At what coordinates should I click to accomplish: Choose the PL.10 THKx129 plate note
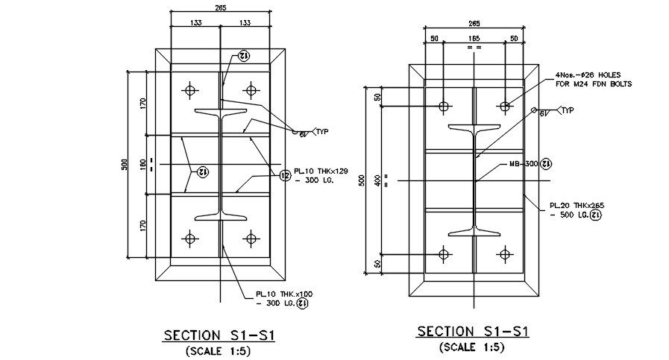(321, 171)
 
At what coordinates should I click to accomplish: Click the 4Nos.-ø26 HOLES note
(589, 75)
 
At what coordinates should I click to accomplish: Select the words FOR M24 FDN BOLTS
(594, 84)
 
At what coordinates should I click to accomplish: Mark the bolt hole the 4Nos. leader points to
(505, 107)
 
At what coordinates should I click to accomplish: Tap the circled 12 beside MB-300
(546, 163)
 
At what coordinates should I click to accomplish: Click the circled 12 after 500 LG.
(595, 215)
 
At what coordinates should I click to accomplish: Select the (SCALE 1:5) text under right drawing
(473, 347)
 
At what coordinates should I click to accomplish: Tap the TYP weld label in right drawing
(568, 110)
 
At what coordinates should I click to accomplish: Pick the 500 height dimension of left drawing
(125, 164)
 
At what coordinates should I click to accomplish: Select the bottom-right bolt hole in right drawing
(505, 254)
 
